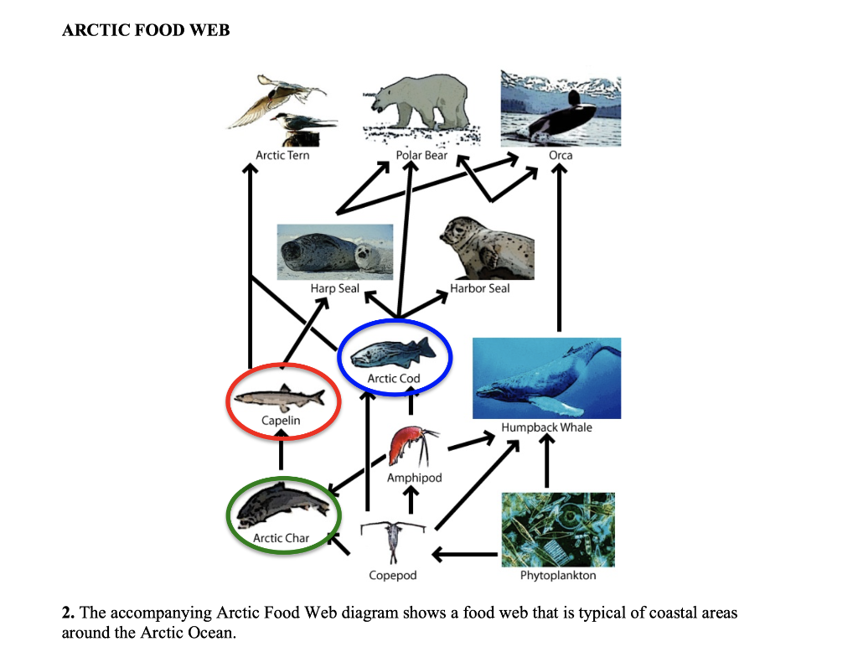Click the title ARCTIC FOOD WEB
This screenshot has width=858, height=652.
(146, 31)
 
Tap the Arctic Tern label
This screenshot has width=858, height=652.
(282, 155)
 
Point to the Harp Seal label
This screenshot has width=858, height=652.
(335, 288)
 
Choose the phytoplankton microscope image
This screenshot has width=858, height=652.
(558, 529)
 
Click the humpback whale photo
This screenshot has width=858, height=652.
(546, 378)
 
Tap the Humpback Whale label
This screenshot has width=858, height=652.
(546, 427)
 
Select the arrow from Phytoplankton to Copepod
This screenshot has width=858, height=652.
(465, 554)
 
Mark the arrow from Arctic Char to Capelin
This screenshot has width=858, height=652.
(281, 450)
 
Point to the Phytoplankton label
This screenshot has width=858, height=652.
(558, 576)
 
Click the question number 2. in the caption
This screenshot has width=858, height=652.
(69, 613)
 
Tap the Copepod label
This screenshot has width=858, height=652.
(392, 576)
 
